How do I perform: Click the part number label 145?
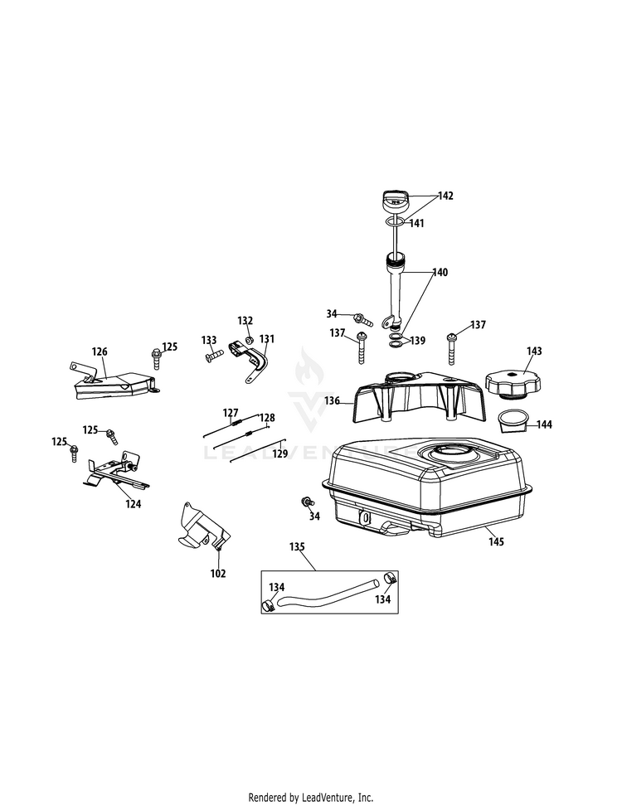point(497,541)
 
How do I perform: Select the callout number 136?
point(333,400)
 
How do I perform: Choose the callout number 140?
point(440,272)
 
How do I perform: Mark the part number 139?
point(419,341)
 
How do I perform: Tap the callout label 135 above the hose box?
point(297,547)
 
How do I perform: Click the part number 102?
point(218,573)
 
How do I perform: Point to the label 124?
point(133,503)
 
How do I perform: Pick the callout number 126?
point(100,352)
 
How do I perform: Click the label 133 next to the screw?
point(209,340)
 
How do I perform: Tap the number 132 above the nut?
point(245,321)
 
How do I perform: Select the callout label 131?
point(266,338)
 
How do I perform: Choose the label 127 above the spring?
point(230,412)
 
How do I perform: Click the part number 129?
point(280,453)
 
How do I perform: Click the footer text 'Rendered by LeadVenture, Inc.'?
point(310,798)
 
